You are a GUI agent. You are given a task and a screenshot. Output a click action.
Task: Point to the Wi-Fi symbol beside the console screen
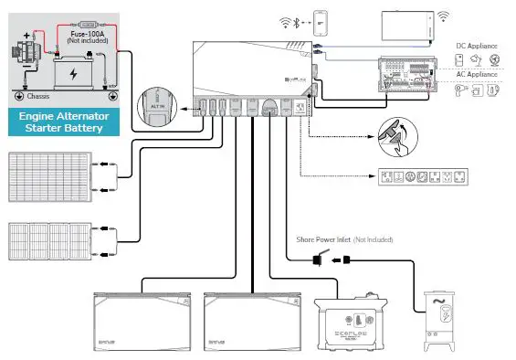coord(444,16)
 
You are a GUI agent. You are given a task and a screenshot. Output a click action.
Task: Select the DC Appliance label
coord(477,45)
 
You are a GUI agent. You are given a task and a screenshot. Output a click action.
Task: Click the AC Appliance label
coord(477,74)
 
